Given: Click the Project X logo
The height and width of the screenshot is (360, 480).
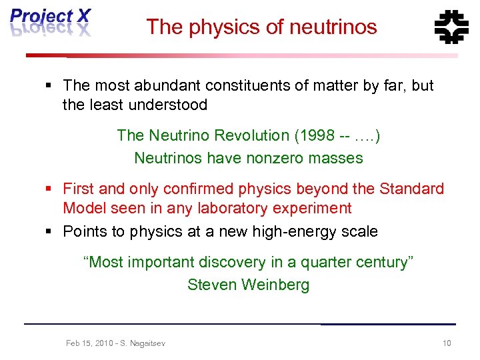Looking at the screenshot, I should click(x=50, y=23).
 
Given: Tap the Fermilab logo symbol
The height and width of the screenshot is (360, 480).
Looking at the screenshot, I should click(x=451, y=27).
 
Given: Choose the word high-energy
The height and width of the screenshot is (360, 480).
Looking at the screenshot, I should click(x=297, y=231).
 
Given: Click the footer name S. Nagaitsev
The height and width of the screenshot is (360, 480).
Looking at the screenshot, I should click(x=141, y=343).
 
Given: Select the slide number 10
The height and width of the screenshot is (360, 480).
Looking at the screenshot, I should click(x=447, y=343).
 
